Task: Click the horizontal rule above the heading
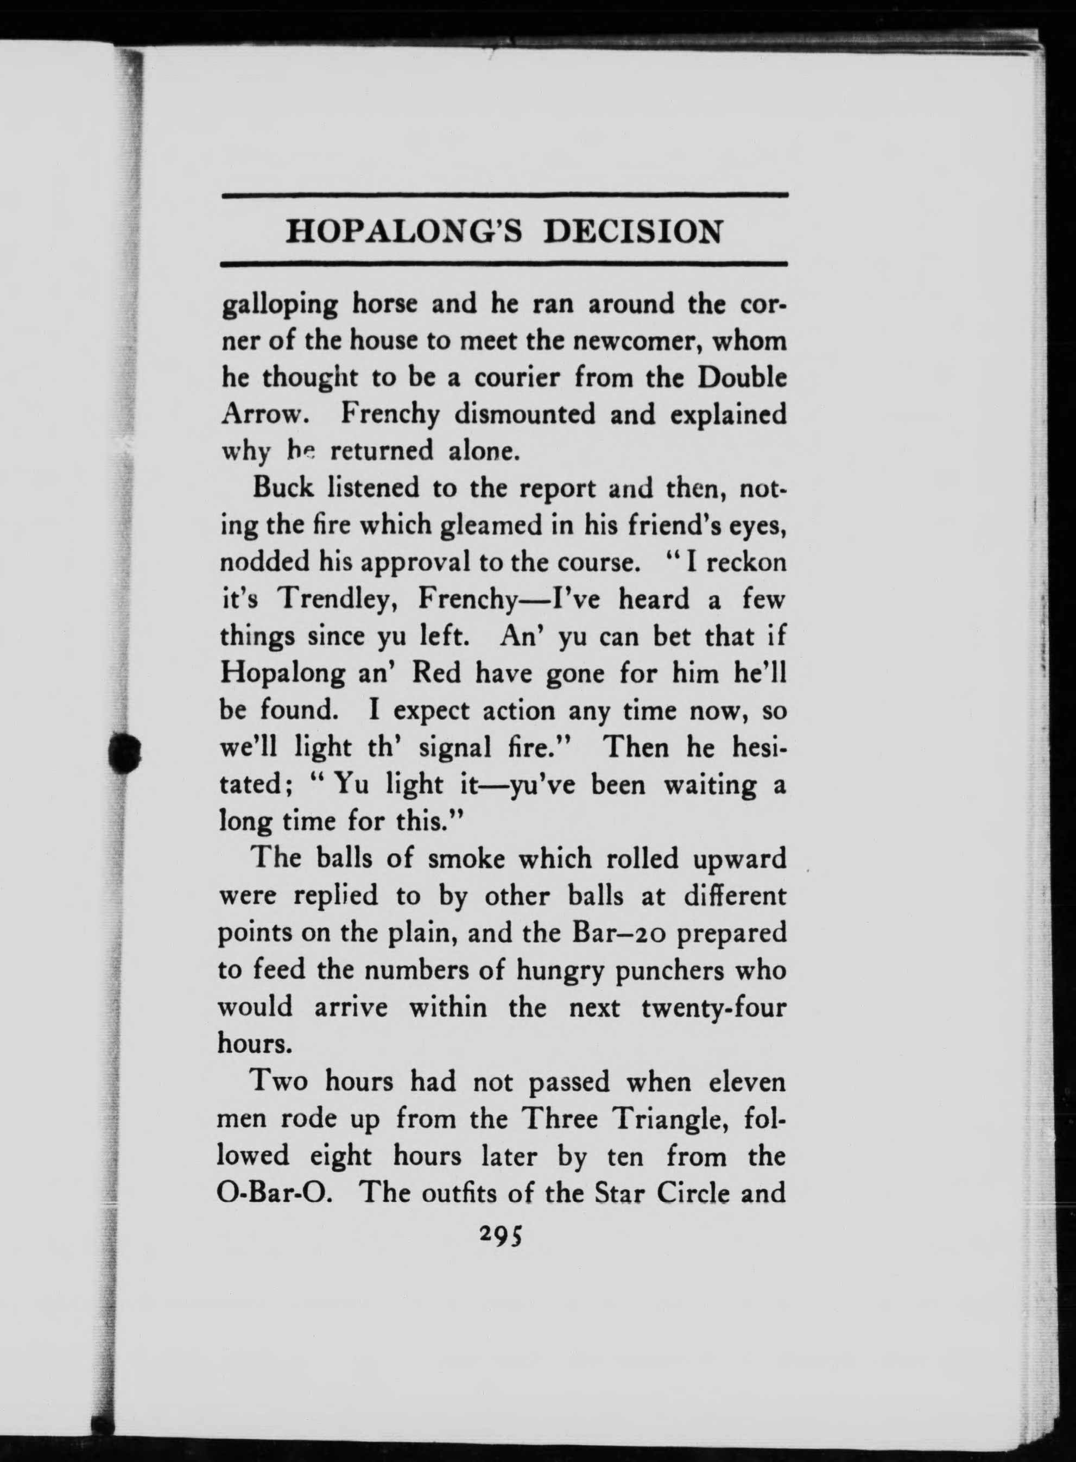coord(505,195)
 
